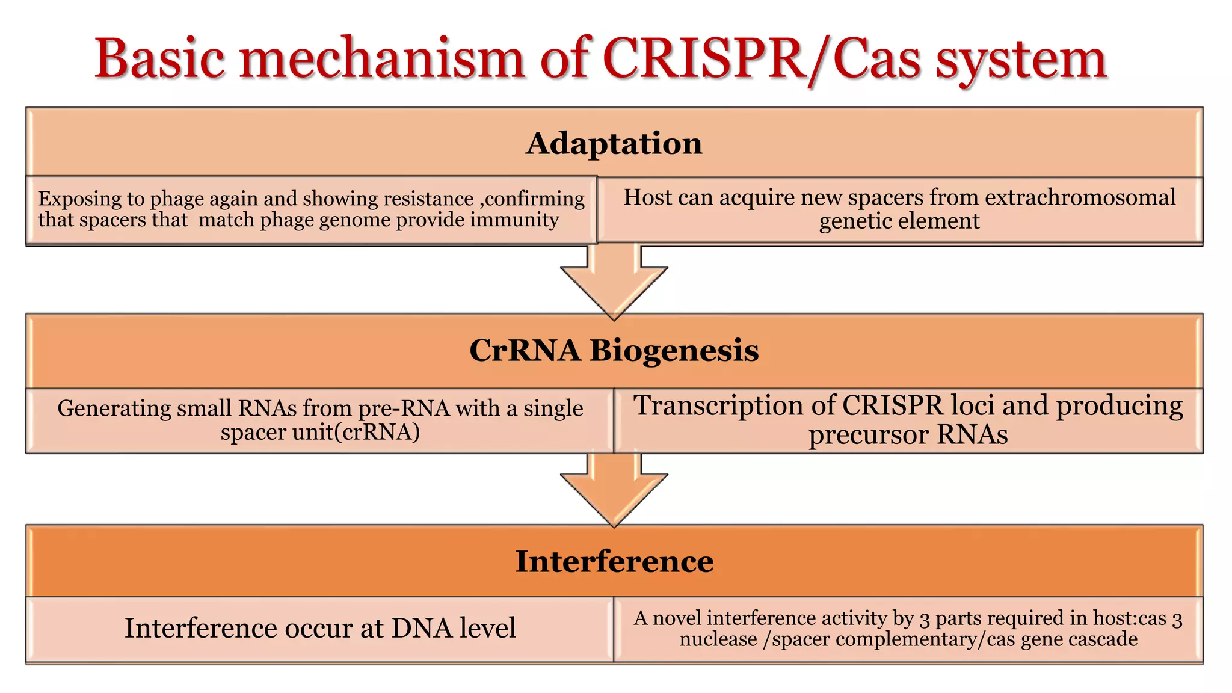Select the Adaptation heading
614,144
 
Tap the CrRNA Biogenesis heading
614,351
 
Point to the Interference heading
614,562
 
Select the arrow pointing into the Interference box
614,490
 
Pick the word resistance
428,199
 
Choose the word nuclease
718,639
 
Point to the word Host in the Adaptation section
646,198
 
